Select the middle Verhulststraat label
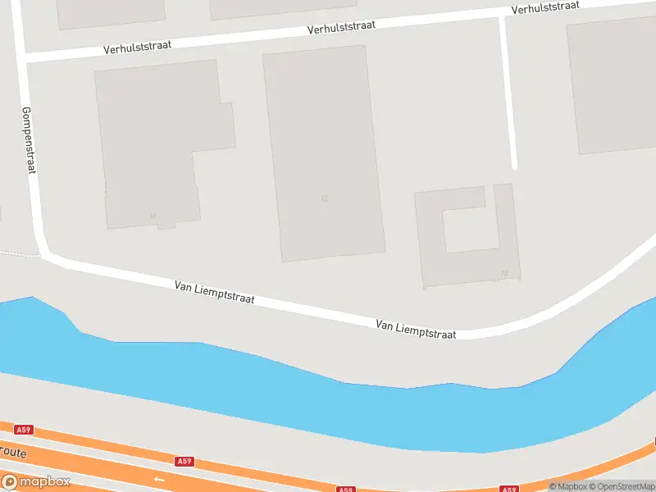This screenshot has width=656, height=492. coord(341,27)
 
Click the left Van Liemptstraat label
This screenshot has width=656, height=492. coord(214,293)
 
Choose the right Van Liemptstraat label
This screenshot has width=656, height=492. coord(416,330)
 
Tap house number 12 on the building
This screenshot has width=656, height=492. coord(326,198)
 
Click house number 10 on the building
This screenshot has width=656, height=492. coord(153,216)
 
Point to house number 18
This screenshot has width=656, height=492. coord(504,273)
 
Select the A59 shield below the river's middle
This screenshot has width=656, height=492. coord(185,462)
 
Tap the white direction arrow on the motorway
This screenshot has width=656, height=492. coord(159,479)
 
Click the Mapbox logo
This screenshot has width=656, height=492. coord(36,482)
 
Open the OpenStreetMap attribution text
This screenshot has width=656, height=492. coord(622,486)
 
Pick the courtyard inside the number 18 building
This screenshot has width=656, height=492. coord(470,230)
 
